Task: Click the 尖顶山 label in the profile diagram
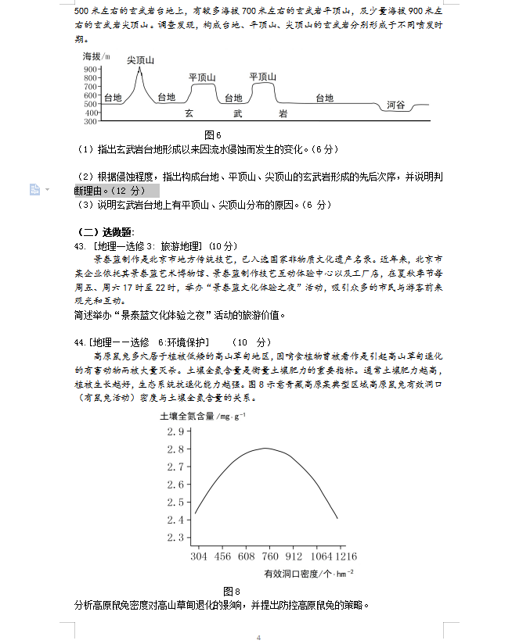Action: [x=141, y=61]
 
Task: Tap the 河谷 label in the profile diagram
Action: [x=396, y=105]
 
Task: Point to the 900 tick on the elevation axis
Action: [x=90, y=70]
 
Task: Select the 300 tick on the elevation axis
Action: [x=90, y=121]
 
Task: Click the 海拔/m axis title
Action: [x=96, y=57]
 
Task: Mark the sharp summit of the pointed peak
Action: [x=140, y=69]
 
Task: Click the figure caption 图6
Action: [x=213, y=134]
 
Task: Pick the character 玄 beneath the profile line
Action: [x=189, y=113]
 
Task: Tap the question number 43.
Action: [x=80, y=245]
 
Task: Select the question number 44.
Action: [x=80, y=342]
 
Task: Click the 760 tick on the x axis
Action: [x=271, y=556]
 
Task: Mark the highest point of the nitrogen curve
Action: [x=265, y=448]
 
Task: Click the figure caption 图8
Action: [x=231, y=591]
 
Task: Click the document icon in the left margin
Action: [x=34, y=189]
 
